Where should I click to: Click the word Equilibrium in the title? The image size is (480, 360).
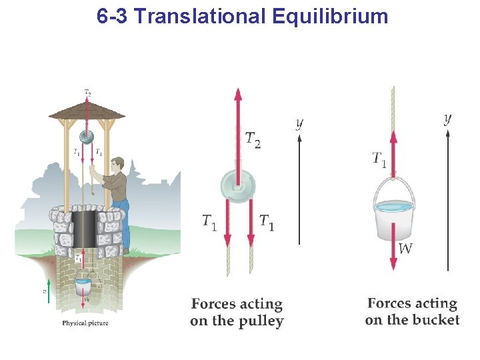point(330,16)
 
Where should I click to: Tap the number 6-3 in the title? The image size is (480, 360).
point(111,16)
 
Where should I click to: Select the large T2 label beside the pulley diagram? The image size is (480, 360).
point(253,139)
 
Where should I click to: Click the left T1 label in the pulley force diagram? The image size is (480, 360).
point(209,222)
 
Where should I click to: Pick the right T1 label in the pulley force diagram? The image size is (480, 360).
point(267,222)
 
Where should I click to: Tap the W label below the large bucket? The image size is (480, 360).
point(406,249)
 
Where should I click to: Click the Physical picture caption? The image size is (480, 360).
point(85,323)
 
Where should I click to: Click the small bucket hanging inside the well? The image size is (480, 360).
point(83,287)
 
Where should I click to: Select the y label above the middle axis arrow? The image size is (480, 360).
point(299,123)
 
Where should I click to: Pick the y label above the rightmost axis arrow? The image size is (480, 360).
point(447,118)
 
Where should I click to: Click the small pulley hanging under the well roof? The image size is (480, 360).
point(86,137)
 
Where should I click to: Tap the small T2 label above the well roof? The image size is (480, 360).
point(87,91)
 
